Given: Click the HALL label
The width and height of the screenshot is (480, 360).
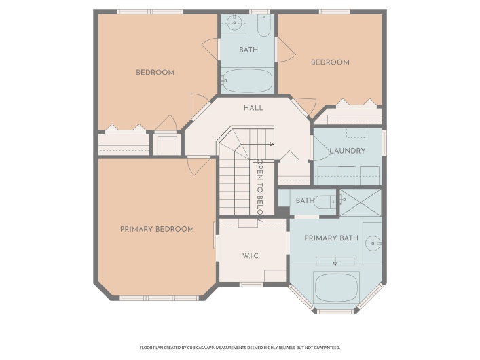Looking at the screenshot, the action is (253, 108).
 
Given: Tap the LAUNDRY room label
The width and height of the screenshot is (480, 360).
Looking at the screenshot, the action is (348, 151).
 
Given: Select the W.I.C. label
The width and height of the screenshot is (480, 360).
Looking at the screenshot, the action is (251, 256).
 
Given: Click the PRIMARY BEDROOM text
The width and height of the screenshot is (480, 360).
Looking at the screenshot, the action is (157, 229).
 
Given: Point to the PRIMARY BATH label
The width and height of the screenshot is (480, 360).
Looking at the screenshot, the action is (331, 238).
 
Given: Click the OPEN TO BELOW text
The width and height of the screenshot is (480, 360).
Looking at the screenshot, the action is (260, 191).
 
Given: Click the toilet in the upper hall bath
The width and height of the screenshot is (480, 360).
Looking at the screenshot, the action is (263, 26).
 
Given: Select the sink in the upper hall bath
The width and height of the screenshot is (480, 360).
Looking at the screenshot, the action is (234, 22).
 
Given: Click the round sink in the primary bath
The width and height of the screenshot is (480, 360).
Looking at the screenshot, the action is (373, 244).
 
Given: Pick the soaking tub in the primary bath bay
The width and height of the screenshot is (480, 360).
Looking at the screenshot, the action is (337, 288).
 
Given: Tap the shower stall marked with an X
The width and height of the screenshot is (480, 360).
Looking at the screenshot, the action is (361, 202).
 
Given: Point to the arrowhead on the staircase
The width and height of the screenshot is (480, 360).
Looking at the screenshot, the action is (272, 144).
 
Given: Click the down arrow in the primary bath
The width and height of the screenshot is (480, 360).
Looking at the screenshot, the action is (335, 261).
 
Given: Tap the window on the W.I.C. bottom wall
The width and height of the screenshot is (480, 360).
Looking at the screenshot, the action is (251, 285).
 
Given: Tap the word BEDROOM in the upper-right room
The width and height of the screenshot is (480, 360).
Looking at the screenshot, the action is (330, 62).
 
